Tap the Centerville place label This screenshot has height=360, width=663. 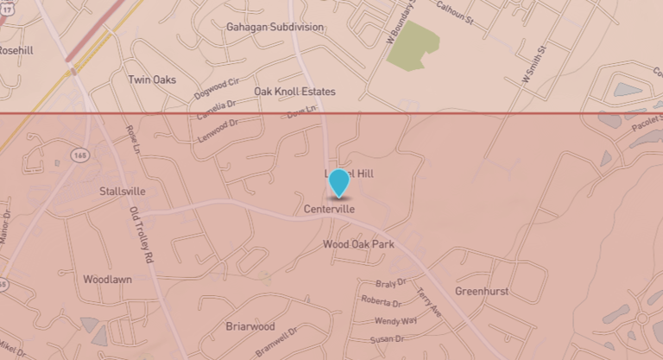[330, 210]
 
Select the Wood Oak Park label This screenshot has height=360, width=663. [358, 245]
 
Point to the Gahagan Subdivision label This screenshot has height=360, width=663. [275, 27]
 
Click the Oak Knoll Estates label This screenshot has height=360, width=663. [294, 91]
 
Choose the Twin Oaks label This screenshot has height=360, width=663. [152, 79]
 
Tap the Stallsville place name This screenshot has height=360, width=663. [123, 191]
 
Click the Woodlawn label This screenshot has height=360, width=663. [107, 280]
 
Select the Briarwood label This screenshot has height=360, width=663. [249, 327]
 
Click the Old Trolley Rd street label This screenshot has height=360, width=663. [141, 235]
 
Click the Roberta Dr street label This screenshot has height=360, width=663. [382, 303]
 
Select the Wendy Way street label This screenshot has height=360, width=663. [395, 320]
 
